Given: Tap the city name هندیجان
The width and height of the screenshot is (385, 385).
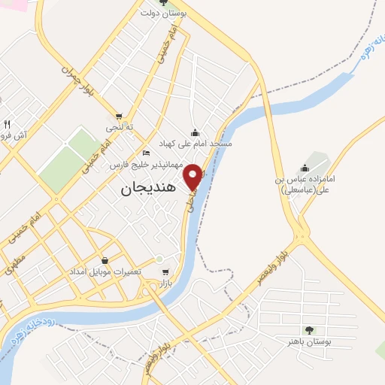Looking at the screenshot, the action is [x=147, y=189].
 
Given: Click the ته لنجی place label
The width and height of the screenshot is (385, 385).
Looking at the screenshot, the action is [x=119, y=127].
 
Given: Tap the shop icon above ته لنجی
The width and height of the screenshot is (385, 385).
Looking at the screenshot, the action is [x=119, y=116].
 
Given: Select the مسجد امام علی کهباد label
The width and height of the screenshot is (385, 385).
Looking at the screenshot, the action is [x=196, y=142].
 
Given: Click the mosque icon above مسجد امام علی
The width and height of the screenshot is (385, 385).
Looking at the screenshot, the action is [x=196, y=131].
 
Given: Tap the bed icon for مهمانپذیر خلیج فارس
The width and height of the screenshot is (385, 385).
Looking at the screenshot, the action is [x=146, y=153].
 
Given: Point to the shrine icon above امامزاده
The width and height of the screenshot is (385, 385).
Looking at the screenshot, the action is [x=305, y=167].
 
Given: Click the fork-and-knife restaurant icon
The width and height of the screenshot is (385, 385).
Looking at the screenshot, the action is [x=7, y=124].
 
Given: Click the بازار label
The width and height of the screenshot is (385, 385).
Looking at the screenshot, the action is [x=165, y=283].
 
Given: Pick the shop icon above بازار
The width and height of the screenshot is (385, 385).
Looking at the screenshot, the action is [x=165, y=272].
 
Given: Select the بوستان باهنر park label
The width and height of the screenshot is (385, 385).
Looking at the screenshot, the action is [x=308, y=341].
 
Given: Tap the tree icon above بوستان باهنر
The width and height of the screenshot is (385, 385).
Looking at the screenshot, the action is [x=308, y=330].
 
